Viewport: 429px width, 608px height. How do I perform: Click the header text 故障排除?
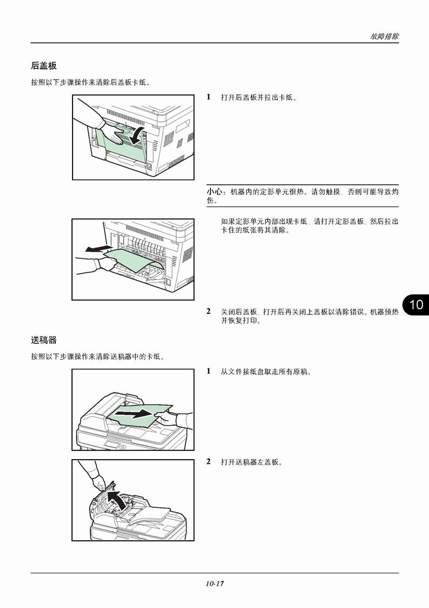(x=385, y=36)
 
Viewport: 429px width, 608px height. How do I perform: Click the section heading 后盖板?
(x=44, y=66)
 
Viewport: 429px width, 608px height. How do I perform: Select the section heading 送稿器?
(x=44, y=340)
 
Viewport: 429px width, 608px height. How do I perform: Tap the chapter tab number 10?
(x=416, y=305)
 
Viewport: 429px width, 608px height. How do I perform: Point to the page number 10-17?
(x=214, y=583)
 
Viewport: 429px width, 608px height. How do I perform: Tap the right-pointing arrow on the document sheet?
(x=135, y=414)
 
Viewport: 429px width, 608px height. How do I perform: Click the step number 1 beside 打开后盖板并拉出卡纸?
(x=208, y=97)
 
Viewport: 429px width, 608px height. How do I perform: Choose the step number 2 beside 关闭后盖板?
(x=208, y=311)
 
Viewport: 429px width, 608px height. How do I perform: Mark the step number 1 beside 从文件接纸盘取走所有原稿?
(x=208, y=371)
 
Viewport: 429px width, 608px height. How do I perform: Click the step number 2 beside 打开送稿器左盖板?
(x=208, y=462)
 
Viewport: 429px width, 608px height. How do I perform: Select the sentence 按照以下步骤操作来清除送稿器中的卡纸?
(x=98, y=357)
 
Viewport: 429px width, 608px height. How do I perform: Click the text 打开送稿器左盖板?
(x=252, y=462)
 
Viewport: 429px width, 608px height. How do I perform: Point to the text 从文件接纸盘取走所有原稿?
(x=266, y=372)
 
